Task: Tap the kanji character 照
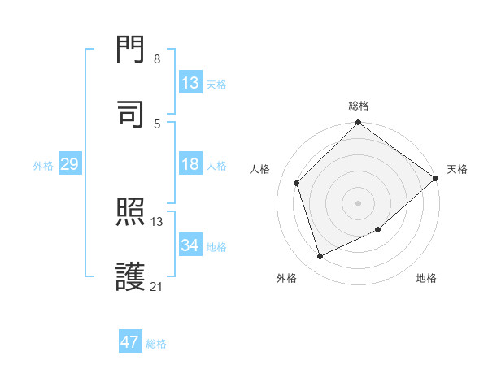[132, 213]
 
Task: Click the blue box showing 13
[190, 83]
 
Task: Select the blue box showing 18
[190, 165]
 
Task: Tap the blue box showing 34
[190, 245]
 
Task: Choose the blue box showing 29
[69, 165]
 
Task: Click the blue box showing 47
[130, 342]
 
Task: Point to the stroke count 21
[157, 286]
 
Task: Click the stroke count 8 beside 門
[157, 59]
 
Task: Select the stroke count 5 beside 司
[157, 124]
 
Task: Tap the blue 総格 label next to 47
[156, 344]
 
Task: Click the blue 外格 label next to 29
[43, 166]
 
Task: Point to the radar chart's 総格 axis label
[359, 106]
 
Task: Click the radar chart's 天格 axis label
[457, 169]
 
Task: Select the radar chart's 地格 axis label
[426, 279]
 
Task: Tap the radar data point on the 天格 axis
[436, 178]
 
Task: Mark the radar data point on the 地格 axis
[379, 231]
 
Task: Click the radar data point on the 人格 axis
[297, 183]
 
